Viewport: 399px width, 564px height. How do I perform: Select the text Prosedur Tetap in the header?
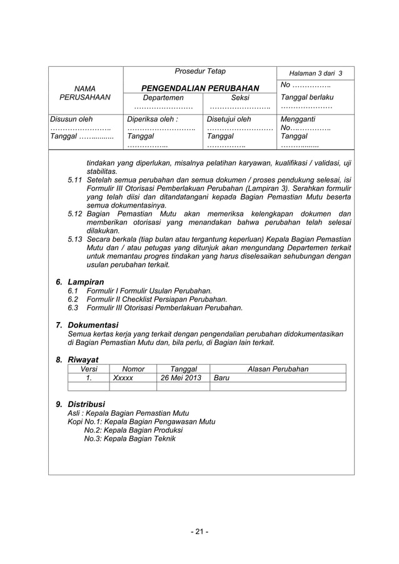coord(200,71)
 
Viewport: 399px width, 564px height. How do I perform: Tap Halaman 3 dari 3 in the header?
coord(316,73)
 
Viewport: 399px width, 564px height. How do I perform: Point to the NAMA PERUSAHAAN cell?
coord(85,93)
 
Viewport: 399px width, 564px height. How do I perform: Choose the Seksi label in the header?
coord(240,98)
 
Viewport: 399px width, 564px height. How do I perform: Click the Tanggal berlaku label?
coord(307,98)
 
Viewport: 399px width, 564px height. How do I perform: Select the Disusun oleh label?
coord(71,118)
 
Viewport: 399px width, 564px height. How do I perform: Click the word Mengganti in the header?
coord(298,118)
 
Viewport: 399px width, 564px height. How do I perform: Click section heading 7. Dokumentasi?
coord(87,325)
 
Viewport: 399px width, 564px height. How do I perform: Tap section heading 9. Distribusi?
coord(81,404)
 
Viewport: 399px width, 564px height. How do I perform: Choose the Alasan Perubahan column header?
coord(278,369)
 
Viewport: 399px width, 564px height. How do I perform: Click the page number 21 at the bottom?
coord(199,532)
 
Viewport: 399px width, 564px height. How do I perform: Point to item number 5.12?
coord(75,214)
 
